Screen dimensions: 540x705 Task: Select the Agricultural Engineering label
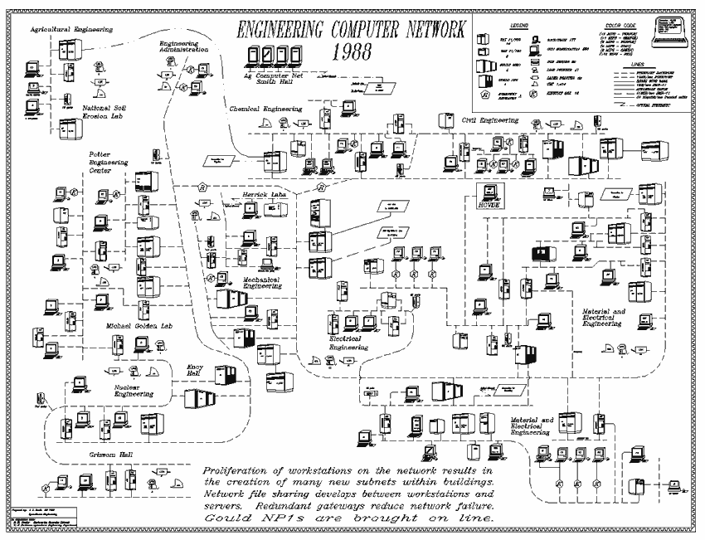click(71, 29)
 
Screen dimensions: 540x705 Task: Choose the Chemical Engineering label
click(266, 108)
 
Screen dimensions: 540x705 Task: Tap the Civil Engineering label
click(489, 120)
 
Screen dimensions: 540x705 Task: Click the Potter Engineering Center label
click(105, 163)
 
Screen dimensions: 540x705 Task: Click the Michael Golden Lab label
click(139, 326)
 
